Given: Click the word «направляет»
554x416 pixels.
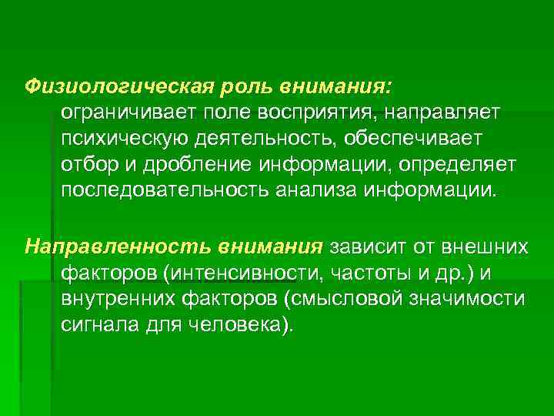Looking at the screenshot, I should point(442,112).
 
